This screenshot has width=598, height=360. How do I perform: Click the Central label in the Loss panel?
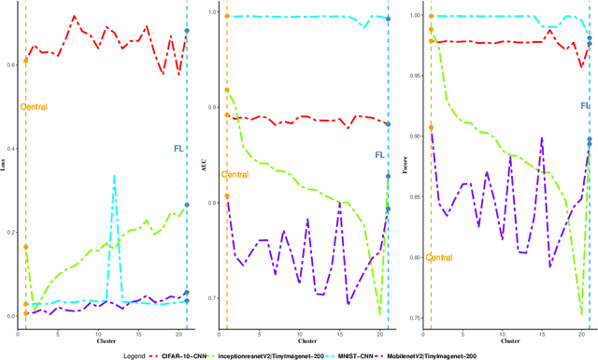tap(35, 107)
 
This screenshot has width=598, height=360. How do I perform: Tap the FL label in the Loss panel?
tap(179, 148)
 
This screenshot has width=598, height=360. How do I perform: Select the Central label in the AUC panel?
tap(235, 174)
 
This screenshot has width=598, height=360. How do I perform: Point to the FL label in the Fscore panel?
tap(584, 106)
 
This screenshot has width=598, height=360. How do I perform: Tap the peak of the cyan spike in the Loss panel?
tap(114, 175)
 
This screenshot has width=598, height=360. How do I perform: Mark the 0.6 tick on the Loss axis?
tap(10, 64)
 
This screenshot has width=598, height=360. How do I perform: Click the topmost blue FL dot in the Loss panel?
tap(187, 31)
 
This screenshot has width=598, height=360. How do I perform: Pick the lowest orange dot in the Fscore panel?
tap(431, 127)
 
